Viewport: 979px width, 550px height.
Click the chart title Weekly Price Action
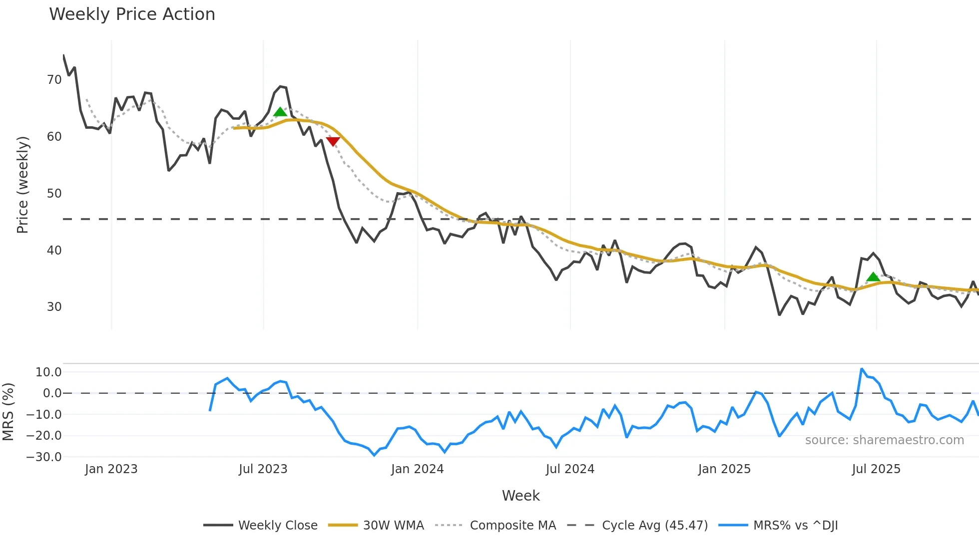click(132, 14)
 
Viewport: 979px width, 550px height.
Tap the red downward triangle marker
click(333, 141)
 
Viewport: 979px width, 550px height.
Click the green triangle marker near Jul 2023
click(280, 112)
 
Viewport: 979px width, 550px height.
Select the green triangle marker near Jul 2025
click(873, 277)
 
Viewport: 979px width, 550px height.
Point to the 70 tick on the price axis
click(54, 80)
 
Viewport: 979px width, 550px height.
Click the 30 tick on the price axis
click(54, 307)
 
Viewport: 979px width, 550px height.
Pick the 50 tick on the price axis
click(54, 194)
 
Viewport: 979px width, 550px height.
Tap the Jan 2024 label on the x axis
click(417, 469)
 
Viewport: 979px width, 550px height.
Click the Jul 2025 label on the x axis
click(876, 469)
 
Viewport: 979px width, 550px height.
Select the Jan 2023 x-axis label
click(111, 469)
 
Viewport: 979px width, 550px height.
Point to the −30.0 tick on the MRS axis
click(44, 457)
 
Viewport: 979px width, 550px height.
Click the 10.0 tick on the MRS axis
click(48, 372)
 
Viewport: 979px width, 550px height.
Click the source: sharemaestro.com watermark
click(884, 440)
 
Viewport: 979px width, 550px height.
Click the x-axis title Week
click(520, 496)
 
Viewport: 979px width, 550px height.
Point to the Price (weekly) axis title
click(22, 185)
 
